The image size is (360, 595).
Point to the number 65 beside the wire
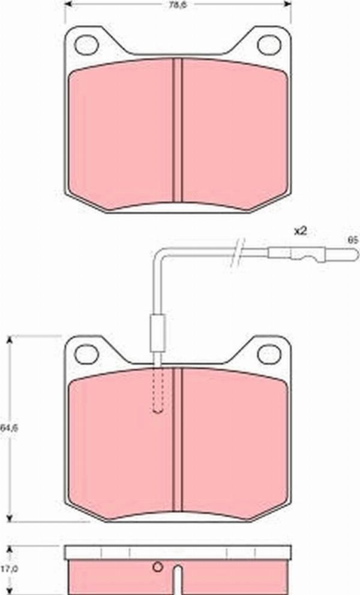pos(352,239)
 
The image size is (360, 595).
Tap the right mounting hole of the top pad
pos(268,44)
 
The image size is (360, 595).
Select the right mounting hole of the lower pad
pos(268,354)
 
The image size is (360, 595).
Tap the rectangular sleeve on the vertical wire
pos(158,332)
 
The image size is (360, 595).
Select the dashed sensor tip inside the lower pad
pos(158,393)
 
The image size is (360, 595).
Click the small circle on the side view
pos(158,568)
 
